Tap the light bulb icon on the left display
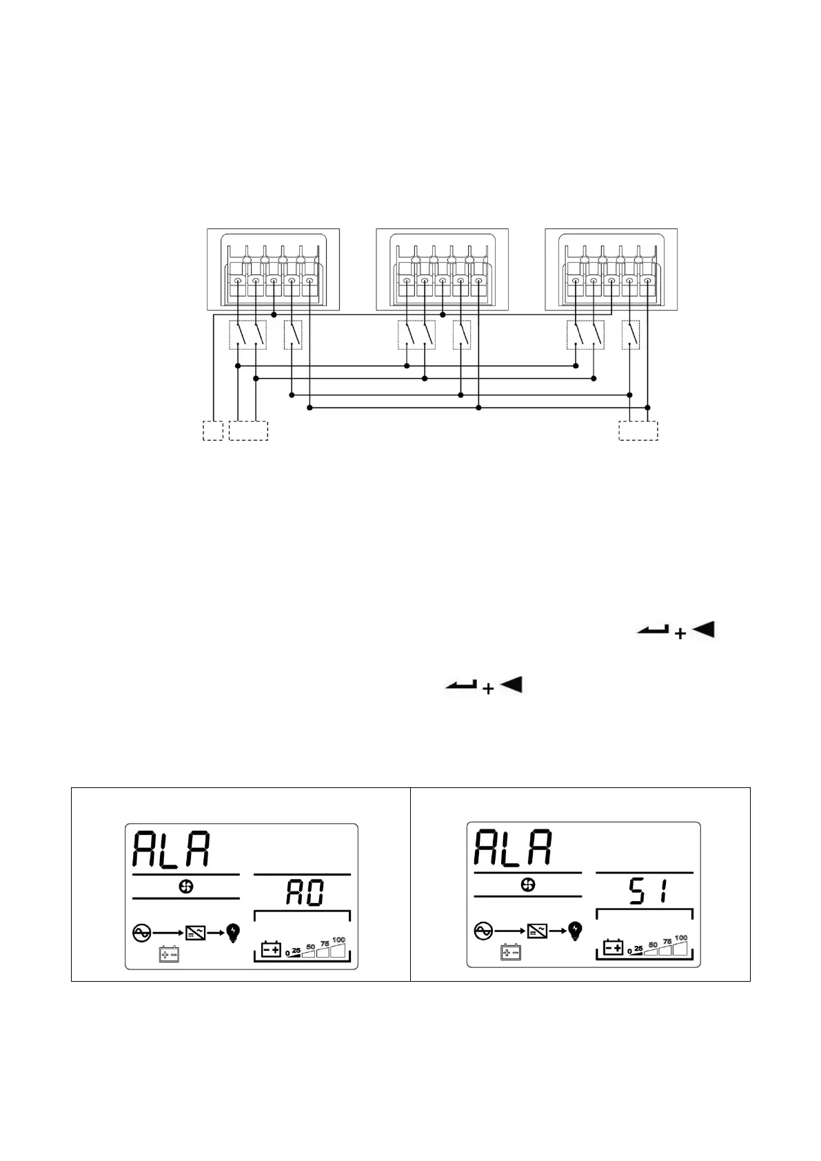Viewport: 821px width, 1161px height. (234, 933)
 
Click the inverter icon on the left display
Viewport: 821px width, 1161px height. (196, 933)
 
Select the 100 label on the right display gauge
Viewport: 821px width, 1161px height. (681, 938)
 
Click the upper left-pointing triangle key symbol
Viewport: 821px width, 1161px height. (703, 629)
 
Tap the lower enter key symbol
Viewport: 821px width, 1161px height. (461, 685)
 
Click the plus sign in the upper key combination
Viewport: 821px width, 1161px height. (680, 634)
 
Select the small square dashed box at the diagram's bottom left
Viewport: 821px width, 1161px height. (213, 430)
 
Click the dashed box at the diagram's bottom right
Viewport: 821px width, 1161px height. (638, 430)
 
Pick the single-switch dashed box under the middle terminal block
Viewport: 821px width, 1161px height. (462, 335)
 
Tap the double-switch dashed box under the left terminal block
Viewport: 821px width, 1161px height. (247, 335)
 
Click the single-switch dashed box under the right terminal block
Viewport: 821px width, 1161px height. (631, 335)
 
